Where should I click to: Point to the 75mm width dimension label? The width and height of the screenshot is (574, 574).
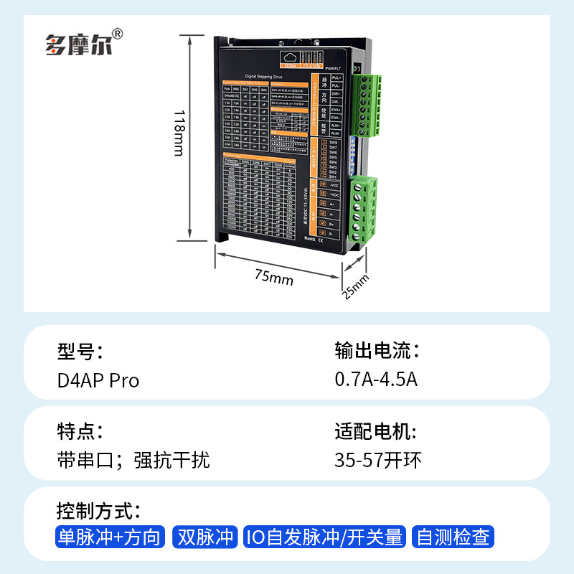pyautogui.click(x=273, y=276)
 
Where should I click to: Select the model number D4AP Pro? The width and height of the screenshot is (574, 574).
pyautogui.click(x=98, y=380)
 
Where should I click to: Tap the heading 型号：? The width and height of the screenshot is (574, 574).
pyautogui.click(x=80, y=351)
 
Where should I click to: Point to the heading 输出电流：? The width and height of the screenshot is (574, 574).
pyautogui.click(x=376, y=351)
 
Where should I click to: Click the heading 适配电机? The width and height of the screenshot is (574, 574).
pyautogui.click(x=375, y=432)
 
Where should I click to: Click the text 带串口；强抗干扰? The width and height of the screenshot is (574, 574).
pyautogui.click(x=133, y=460)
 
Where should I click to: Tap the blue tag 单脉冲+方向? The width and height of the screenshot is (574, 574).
pyautogui.click(x=110, y=537)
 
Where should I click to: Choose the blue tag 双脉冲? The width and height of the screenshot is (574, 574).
pyautogui.click(x=206, y=537)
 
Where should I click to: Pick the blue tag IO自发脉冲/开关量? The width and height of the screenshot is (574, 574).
pyautogui.click(x=325, y=537)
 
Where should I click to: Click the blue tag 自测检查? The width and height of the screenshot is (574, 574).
pyautogui.click(x=454, y=537)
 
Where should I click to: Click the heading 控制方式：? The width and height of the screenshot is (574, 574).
pyautogui.click(x=98, y=512)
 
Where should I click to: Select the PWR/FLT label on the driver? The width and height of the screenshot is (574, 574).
pyautogui.click(x=332, y=67)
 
